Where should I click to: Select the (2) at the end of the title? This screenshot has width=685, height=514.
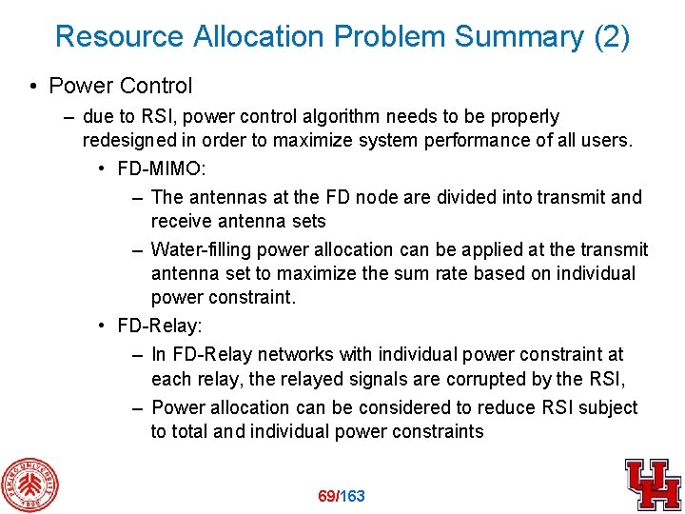pos(611,36)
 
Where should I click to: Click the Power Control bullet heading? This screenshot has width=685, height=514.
pos(120,86)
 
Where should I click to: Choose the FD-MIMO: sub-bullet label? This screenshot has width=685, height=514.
pos(159,169)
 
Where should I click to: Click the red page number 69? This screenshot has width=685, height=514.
pos(327,496)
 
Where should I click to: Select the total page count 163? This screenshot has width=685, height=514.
pos(352,496)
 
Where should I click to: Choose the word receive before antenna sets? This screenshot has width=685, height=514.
pos(181,222)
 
